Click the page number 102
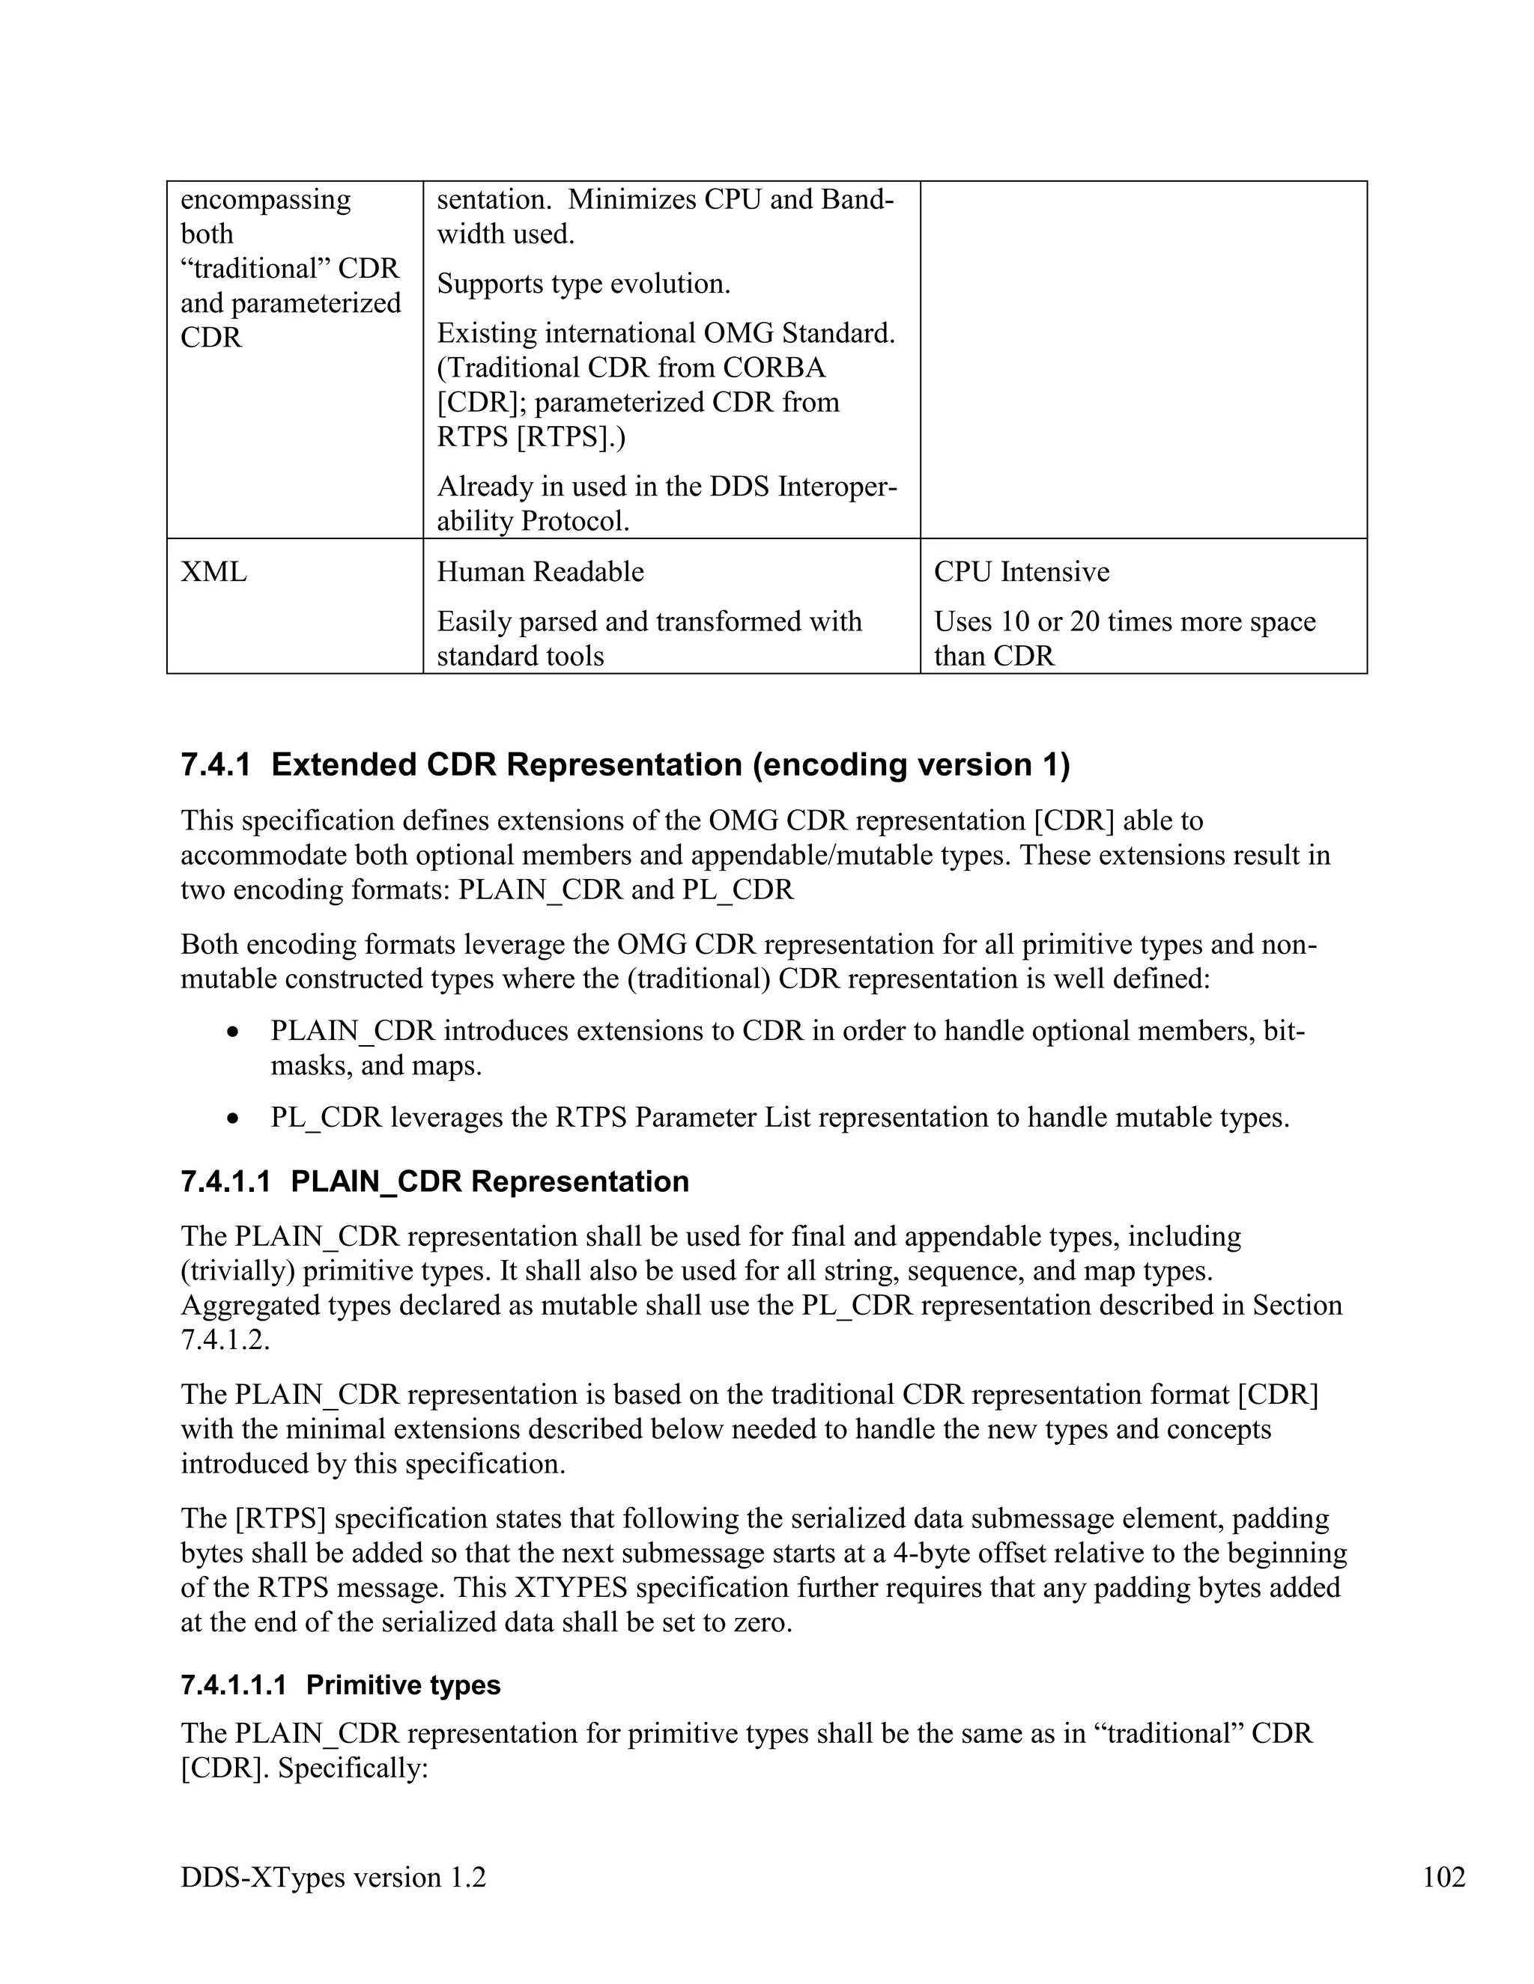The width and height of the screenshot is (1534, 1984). (x=1443, y=1877)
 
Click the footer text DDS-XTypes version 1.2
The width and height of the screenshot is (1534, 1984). (x=333, y=1877)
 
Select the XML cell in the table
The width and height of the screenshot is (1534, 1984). (x=213, y=572)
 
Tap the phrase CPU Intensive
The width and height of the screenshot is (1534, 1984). (x=1021, y=572)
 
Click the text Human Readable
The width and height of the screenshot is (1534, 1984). (x=540, y=572)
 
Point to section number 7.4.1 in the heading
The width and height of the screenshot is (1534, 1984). (x=216, y=765)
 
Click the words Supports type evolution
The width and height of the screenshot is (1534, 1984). (x=583, y=284)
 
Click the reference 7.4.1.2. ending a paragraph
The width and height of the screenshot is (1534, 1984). (x=225, y=1340)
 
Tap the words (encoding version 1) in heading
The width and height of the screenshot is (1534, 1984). (x=911, y=765)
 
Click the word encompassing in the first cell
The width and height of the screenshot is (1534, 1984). (x=265, y=200)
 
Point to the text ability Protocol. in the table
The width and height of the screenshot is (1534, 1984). (x=533, y=521)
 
